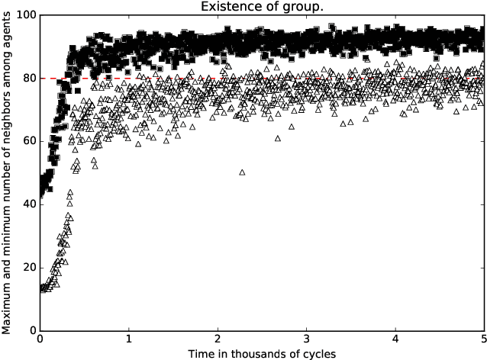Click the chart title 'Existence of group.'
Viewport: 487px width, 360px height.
pos(261,7)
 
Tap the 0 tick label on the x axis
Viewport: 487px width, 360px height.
pos(40,339)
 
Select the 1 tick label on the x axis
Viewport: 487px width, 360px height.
pos(129,339)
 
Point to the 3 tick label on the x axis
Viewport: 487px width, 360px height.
pos(306,339)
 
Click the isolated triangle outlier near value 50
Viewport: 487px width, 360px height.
pos(242,172)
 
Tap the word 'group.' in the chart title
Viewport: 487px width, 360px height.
pos(303,7)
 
